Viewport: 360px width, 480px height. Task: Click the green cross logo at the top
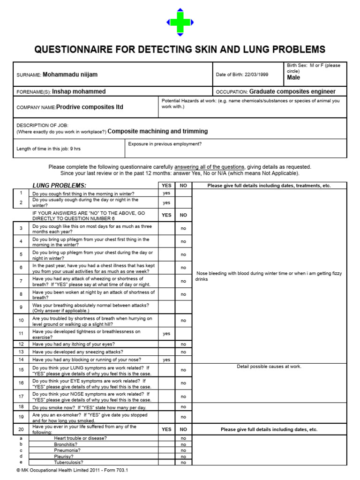(180, 22)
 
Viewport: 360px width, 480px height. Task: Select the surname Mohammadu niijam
(70, 75)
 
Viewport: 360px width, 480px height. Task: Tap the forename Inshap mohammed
(79, 91)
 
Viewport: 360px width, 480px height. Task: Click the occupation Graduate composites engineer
(292, 91)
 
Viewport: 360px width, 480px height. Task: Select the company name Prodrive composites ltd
(90, 107)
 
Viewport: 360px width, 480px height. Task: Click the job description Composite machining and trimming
(157, 131)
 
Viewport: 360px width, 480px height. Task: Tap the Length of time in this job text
(49, 149)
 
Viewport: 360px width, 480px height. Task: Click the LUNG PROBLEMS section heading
(59, 186)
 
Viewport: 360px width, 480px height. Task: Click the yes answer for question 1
(166, 193)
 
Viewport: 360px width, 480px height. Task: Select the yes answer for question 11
(166, 334)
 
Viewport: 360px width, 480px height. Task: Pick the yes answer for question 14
(166, 360)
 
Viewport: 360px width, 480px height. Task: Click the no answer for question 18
(183, 407)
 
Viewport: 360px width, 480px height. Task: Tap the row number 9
(21, 307)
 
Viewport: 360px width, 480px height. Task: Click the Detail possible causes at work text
(269, 367)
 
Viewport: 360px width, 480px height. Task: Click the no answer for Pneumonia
(183, 450)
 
